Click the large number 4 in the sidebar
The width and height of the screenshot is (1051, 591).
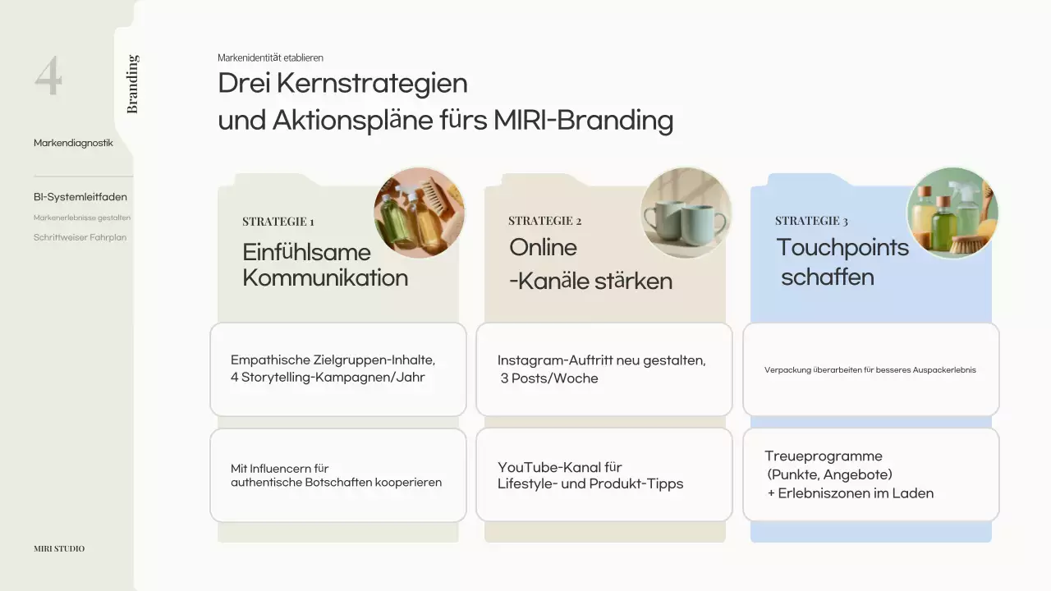pos(48,76)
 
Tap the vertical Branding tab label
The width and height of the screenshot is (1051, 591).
pos(133,84)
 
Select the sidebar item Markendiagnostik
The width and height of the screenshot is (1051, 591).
pos(73,143)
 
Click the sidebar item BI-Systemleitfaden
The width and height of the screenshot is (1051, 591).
pos(80,197)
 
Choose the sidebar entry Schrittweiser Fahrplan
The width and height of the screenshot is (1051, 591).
pos(80,237)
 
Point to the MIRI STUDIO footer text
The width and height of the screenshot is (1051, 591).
pos(59,548)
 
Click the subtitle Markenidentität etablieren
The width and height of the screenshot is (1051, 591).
pos(270,57)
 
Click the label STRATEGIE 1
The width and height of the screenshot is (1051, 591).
pos(278,222)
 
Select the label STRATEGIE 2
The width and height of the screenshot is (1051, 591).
pos(544,221)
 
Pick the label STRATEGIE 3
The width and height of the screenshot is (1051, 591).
pos(811,221)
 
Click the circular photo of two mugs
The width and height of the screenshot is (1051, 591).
pos(686,213)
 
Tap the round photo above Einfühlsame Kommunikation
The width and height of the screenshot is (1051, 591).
pos(419,213)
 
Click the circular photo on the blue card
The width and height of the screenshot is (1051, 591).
pos(952,213)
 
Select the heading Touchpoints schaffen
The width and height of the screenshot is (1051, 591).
pos(842,262)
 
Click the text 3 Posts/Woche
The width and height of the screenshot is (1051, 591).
pos(549,378)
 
